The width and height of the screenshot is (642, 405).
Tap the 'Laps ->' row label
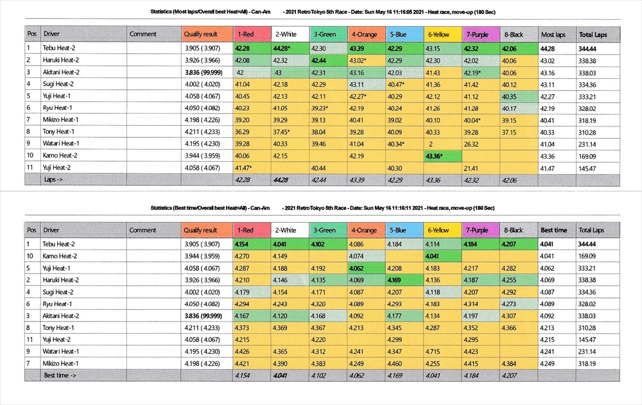pyautogui.click(x=53, y=180)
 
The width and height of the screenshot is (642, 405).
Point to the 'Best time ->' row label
pyautogui.click(x=58, y=375)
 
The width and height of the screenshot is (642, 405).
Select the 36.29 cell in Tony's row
pyautogui.click(x=242, y=132)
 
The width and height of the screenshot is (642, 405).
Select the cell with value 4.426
pyautogui.click(x=243, y=352)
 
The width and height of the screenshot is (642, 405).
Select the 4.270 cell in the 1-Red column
pyautogui.click(x=243, y=256)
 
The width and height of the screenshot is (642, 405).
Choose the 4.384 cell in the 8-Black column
pyautogui.click(x=510, y=363)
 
